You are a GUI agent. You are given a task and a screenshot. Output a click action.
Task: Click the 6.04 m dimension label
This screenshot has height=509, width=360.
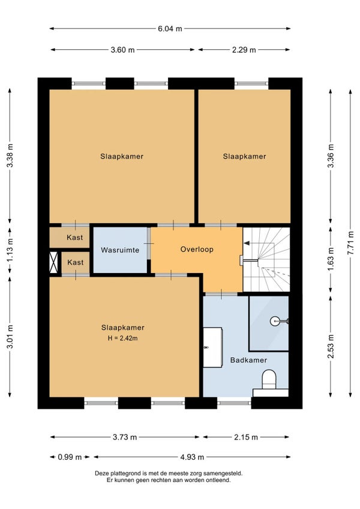tap(170, 29)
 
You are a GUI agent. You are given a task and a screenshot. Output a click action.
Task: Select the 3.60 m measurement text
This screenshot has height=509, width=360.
tap(122, 50)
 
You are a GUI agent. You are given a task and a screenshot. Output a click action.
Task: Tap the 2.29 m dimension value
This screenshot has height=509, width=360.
tap(244, 50)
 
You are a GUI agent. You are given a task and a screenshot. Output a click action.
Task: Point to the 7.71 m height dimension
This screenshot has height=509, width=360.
tap(350, 243)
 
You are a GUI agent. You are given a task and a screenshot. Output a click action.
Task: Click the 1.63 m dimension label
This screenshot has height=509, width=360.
tap(331, 259)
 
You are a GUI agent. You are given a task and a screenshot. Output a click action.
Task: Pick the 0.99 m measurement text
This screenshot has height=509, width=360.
tap(70, 457)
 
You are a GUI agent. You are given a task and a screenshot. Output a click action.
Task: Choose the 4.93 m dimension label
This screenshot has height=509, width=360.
tap(192, 457)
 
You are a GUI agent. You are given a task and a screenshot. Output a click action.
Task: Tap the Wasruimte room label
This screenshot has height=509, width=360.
tap(120, 250)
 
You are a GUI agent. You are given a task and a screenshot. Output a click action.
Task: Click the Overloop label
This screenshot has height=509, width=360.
tap(197, 250)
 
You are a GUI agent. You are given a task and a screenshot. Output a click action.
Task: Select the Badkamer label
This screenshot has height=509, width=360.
tap(248, 360)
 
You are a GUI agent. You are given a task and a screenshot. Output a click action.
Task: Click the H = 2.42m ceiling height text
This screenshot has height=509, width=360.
tap(123, 339)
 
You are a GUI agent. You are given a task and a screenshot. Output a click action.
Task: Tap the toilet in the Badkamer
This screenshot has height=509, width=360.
tap(269, 379)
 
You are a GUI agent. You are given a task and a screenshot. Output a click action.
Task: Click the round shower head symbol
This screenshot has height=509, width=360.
tap(274, 321)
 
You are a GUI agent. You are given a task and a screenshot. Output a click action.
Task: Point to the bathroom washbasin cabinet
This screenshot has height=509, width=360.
tap(212, 348)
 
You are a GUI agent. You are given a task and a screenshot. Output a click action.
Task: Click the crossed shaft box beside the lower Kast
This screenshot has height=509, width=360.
tap(53, 262)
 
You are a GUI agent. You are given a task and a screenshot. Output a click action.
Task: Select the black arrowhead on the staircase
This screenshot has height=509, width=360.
tap(247, 243)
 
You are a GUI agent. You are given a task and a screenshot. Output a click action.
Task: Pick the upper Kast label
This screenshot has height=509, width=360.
tap(74, 238)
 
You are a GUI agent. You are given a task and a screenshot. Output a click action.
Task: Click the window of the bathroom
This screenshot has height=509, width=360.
tap(234, 403)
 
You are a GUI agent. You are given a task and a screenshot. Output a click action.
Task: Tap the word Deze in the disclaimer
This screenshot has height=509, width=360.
tap(101, 474)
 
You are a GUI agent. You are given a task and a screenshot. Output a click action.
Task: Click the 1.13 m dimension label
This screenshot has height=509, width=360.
tap(10, 250)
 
